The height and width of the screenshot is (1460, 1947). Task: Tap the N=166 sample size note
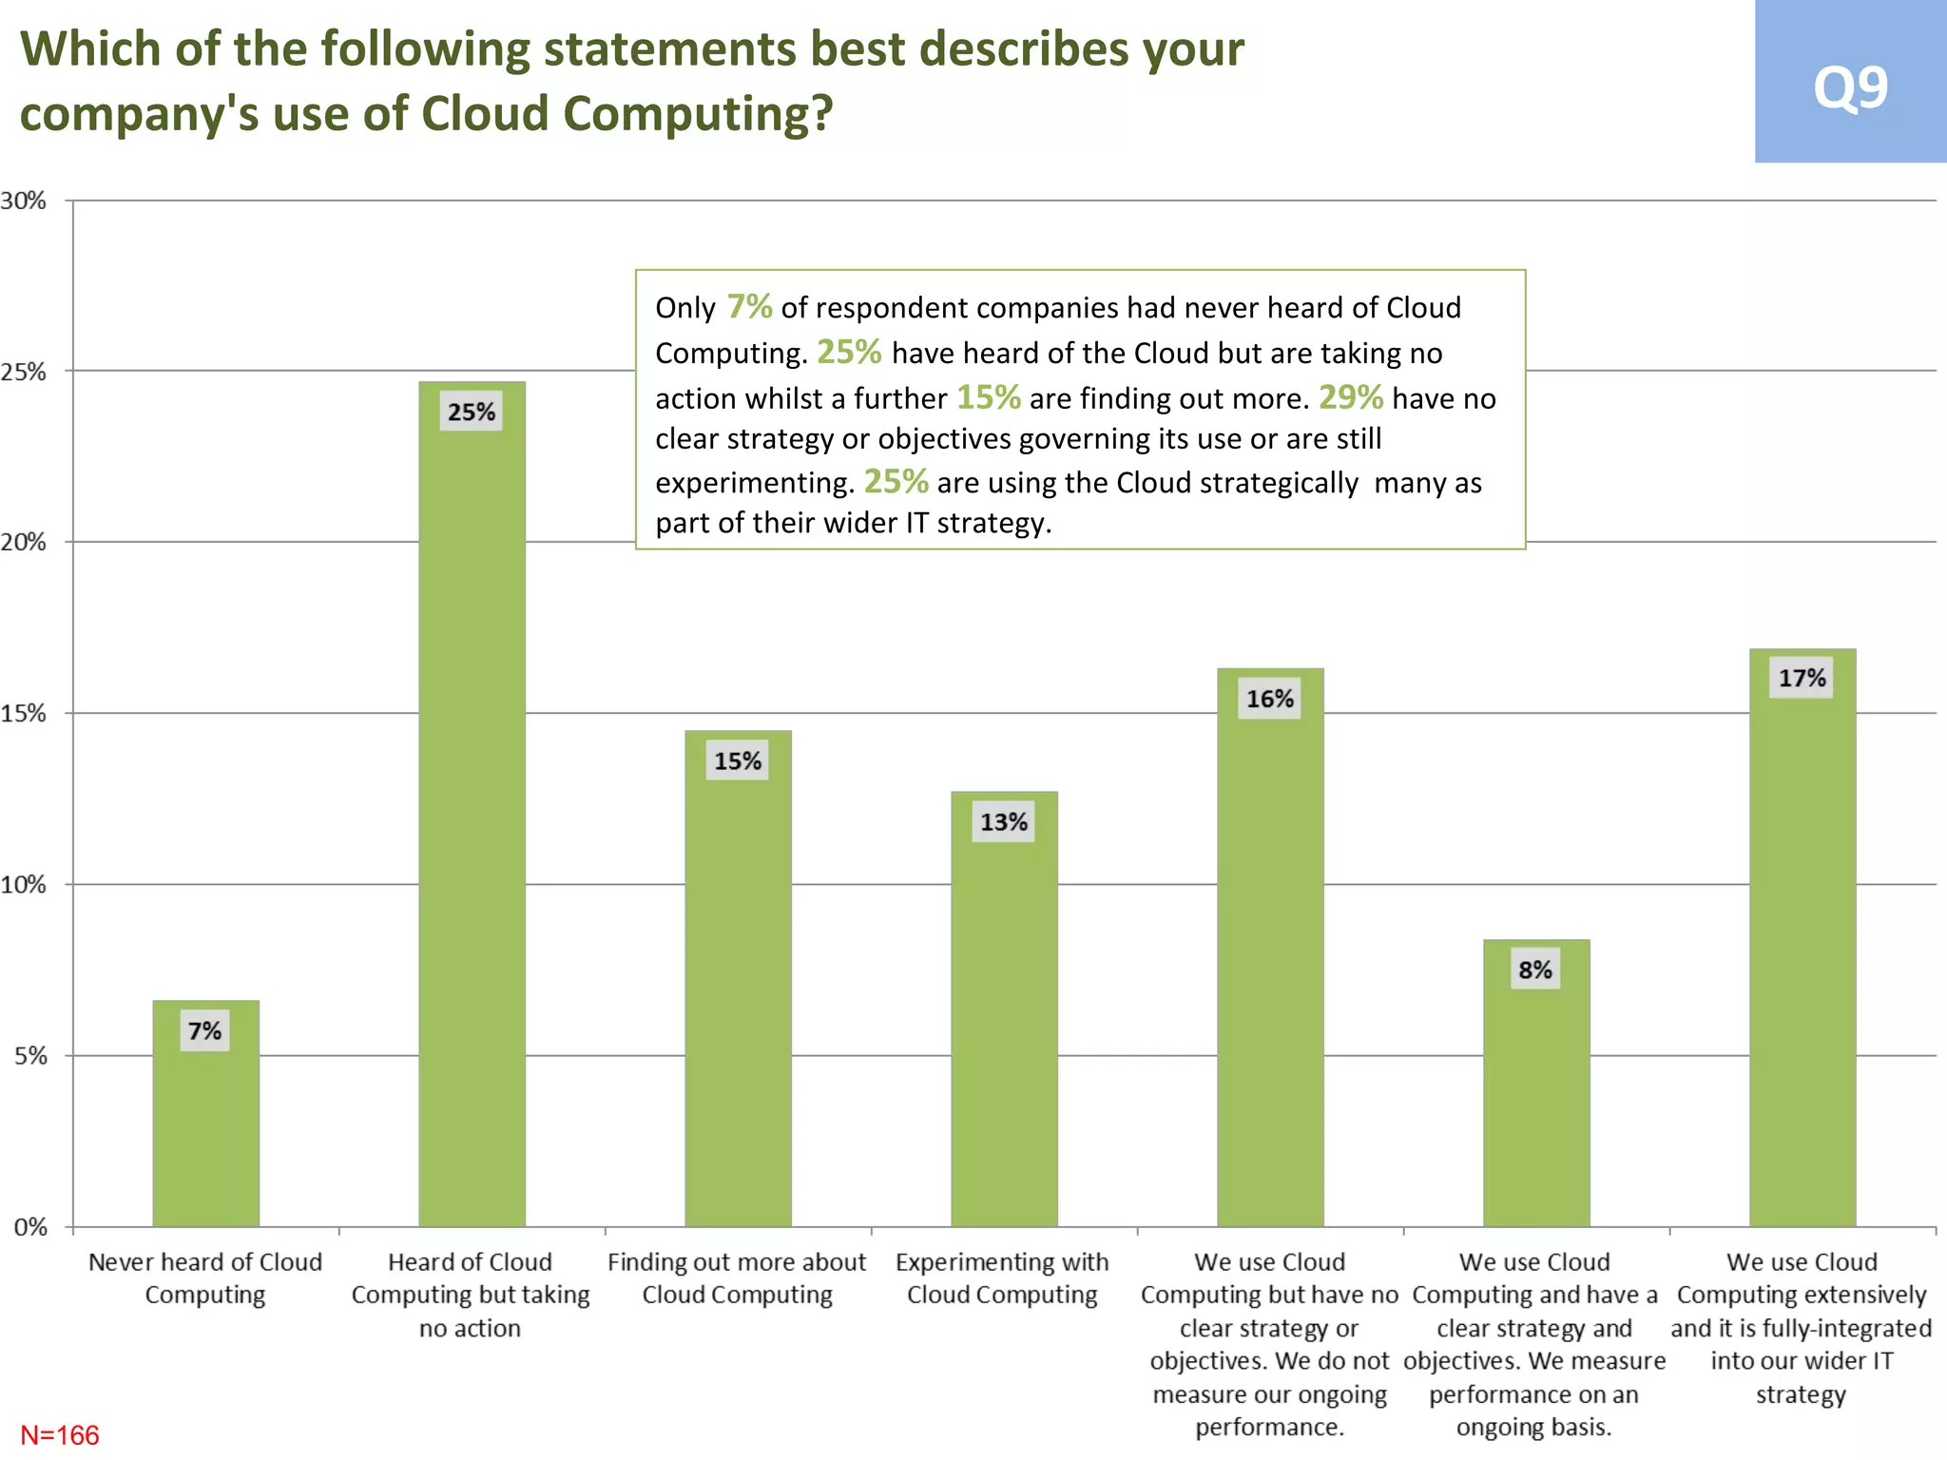(60, 1434)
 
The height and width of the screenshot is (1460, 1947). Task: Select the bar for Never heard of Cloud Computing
(205, 1122)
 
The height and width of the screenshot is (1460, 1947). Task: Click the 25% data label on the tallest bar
(472, 413)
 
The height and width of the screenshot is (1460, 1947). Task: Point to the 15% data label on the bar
(738, 761)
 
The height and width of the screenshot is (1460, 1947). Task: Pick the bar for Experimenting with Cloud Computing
(1004, 1017)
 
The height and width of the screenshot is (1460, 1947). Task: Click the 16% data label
(1270, 700)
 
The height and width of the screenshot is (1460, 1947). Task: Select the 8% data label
(1535, 970)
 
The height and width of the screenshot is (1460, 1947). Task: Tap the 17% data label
(1802, 679)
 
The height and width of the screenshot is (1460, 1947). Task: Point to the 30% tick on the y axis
(24, 201)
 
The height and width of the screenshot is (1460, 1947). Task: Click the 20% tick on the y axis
(24, 543)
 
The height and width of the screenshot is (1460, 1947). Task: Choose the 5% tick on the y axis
(29, 1056)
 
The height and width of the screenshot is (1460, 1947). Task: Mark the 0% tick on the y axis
(29, 1227)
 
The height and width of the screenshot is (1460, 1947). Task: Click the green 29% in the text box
(1350, 397)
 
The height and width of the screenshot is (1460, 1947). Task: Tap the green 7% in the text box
(749, 307)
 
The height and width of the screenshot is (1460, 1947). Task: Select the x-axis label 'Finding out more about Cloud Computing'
(737, 1278)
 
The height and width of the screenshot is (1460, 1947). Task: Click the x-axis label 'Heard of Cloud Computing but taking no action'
(471, 1295)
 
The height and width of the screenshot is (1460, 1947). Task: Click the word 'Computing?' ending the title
(698, 114)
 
